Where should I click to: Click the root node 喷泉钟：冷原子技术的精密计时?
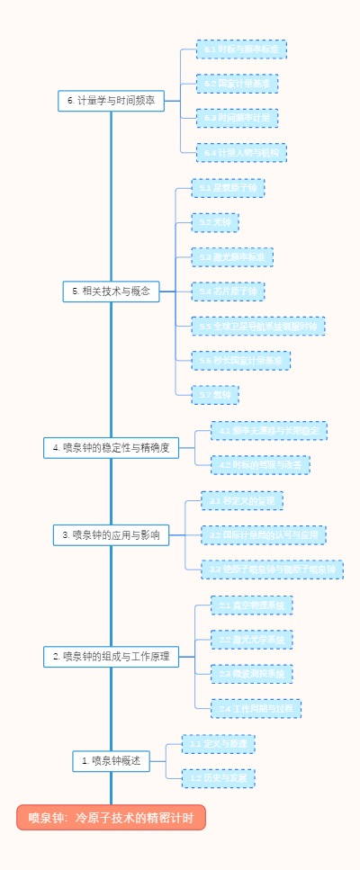tap(111, 817)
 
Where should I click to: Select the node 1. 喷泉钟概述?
tap(112, 761)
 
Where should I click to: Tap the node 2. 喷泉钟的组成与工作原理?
tap(112, 657)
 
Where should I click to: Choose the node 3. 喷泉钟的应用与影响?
tap(112, 534)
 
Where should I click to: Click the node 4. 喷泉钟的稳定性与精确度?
tap(112, 447)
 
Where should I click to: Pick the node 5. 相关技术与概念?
tap(112, 291)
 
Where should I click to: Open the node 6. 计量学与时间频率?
tap(112, 101)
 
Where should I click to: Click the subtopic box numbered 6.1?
tap(241, 49)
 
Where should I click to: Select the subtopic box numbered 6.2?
tap(237, 84)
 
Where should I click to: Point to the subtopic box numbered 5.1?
tap(228, 188)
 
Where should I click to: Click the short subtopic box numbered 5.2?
tap(215, 222)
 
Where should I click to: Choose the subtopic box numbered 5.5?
tap(258, 326)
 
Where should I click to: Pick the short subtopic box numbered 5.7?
tap(215, 394)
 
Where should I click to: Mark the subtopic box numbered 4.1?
tap(268, 431)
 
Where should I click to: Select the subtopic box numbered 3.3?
tap(272, 570)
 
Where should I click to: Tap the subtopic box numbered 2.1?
tap(251, 605)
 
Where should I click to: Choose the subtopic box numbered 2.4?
tap(256, 709)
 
